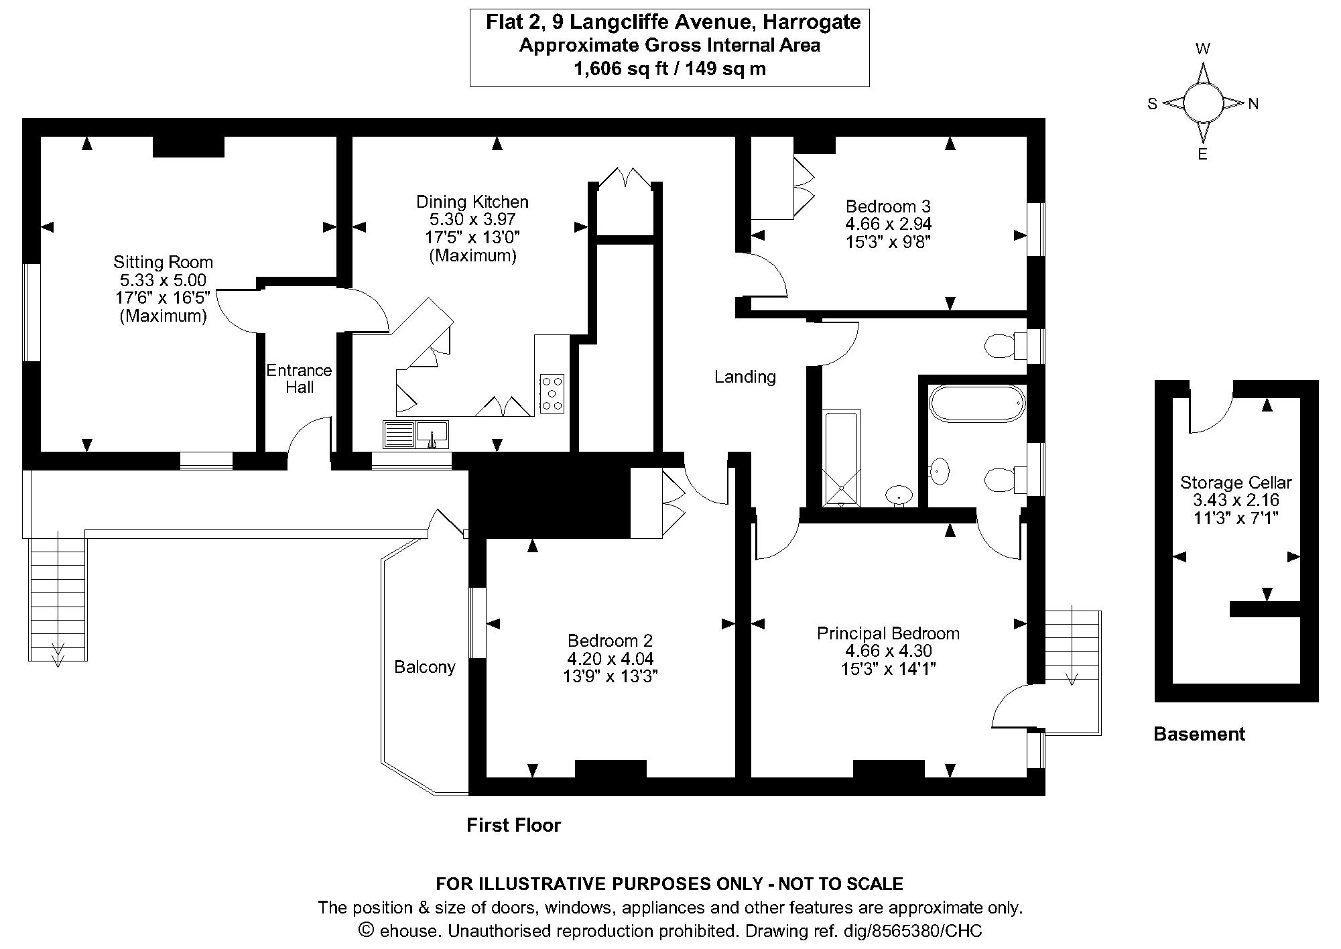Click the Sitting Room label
coord(163,263)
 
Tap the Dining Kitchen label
coord(472,202)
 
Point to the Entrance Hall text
coord(299,379)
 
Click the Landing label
coord(745,377)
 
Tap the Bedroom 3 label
coord(888,206)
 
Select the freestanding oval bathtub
coord(976,403)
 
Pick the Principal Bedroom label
coord(888,633)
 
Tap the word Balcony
coord(424,667)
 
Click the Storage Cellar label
coord(1236,483)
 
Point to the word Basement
coord(1199,735)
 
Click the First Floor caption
coord(513,825)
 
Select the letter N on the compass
coord(1253,104)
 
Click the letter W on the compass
coord(1203,49)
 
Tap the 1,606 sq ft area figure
coord(620,68)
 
